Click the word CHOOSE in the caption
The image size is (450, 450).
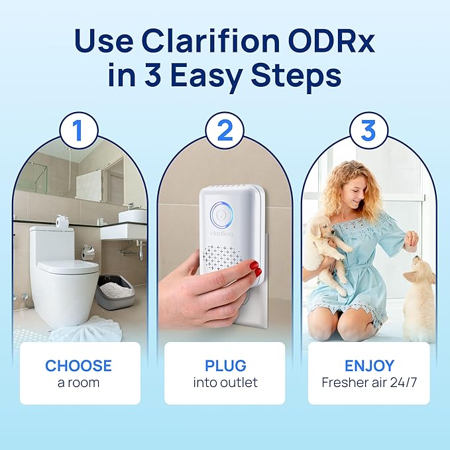pos(79,365)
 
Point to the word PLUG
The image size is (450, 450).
pos(225,365)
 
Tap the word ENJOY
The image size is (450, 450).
pos(369,365)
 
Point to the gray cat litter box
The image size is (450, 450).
pos(115,292)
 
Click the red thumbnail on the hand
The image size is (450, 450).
pos(255,267)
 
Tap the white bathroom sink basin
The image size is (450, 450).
pos(132,215)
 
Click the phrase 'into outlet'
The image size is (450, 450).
pos(225,382)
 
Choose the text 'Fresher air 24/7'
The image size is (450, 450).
pos(368,382)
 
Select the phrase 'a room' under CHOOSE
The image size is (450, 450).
pos(79,382)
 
